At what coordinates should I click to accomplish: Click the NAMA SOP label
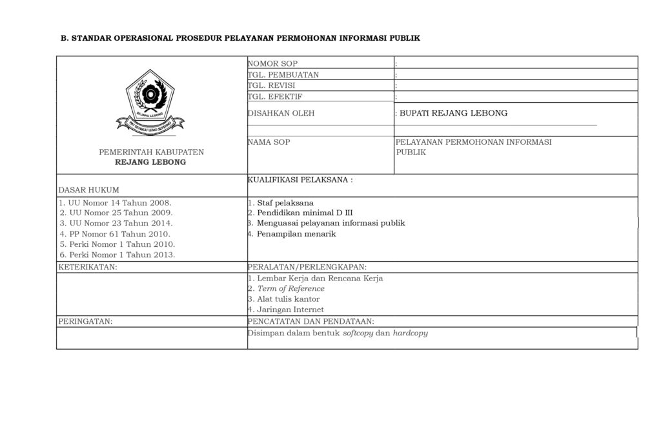[x=269, y=142]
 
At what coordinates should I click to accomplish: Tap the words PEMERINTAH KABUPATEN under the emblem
[x=151, y=153]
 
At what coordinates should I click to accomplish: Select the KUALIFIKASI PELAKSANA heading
[x=300, y=180]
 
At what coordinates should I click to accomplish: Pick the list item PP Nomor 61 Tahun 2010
[x=115, y=233]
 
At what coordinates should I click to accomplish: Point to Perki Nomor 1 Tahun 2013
[x=117, y=254]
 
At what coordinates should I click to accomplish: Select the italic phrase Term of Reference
[x=290, y=289]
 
